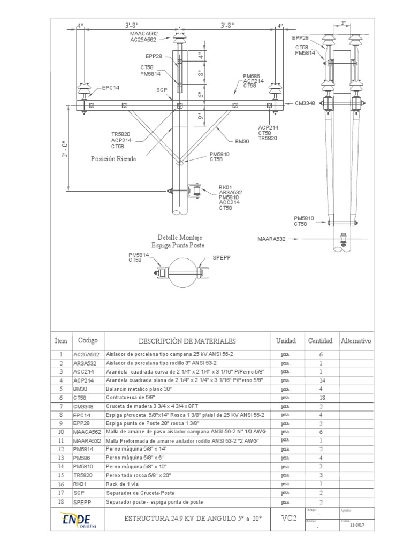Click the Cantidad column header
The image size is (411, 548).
click(x=320, y=341)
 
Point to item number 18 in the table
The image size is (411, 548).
click(x=61, y=501)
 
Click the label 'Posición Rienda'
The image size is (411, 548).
click(x=113, y=159)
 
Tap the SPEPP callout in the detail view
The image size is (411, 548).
click(x=221, y=258)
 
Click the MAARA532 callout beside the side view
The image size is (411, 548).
click(x=272, y=239)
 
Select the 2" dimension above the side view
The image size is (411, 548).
click(x=344, y=24)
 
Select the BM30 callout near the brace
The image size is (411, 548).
click(x=242, y=142)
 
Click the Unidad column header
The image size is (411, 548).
click(x=286, y=341)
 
